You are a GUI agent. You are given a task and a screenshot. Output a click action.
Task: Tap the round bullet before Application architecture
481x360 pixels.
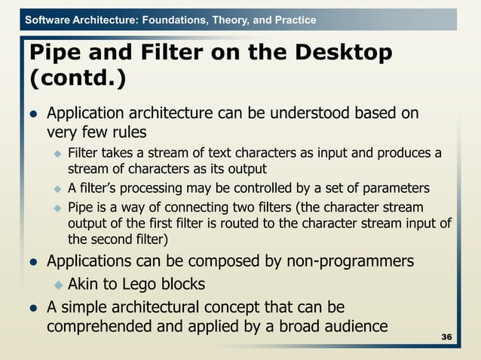(33, 115)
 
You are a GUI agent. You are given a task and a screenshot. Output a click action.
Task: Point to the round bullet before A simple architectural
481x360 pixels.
(33, 308)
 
